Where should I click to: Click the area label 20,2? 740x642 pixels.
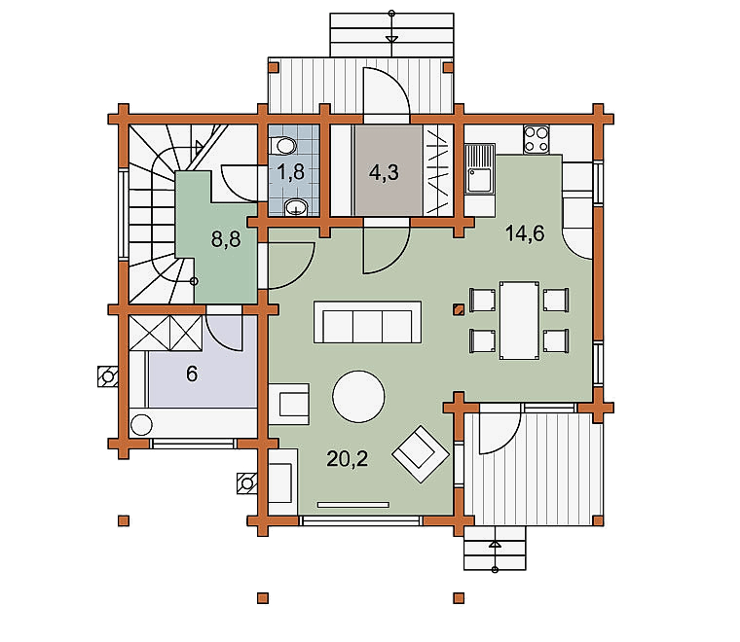click(347, 458)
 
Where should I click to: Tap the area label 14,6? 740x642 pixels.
click(525, 233)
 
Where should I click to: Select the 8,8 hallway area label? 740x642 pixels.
click(226, 239)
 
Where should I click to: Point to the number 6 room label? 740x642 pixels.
click(192, 374)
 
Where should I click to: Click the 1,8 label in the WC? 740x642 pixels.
click(291, 172)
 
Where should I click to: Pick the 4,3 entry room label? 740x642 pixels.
click(384, 172)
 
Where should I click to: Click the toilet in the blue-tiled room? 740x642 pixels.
click(283, 145)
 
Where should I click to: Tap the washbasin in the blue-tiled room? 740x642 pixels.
click(296, 207)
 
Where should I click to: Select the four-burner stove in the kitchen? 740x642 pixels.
click(536, 139)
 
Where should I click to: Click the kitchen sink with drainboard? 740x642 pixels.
click(479, 169)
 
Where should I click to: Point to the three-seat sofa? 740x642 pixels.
click(368, 322)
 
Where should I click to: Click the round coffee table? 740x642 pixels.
click(358, 397)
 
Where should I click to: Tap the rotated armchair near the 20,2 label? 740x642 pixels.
click(421, 454)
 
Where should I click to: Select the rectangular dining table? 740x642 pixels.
click(519, 321)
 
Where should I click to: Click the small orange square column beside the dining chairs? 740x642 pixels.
click(459, 309)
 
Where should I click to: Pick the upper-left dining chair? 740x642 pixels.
click(482, 300)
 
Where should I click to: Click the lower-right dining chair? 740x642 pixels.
click(556, 340)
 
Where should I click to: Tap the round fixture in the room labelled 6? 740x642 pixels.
click(141, 425)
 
